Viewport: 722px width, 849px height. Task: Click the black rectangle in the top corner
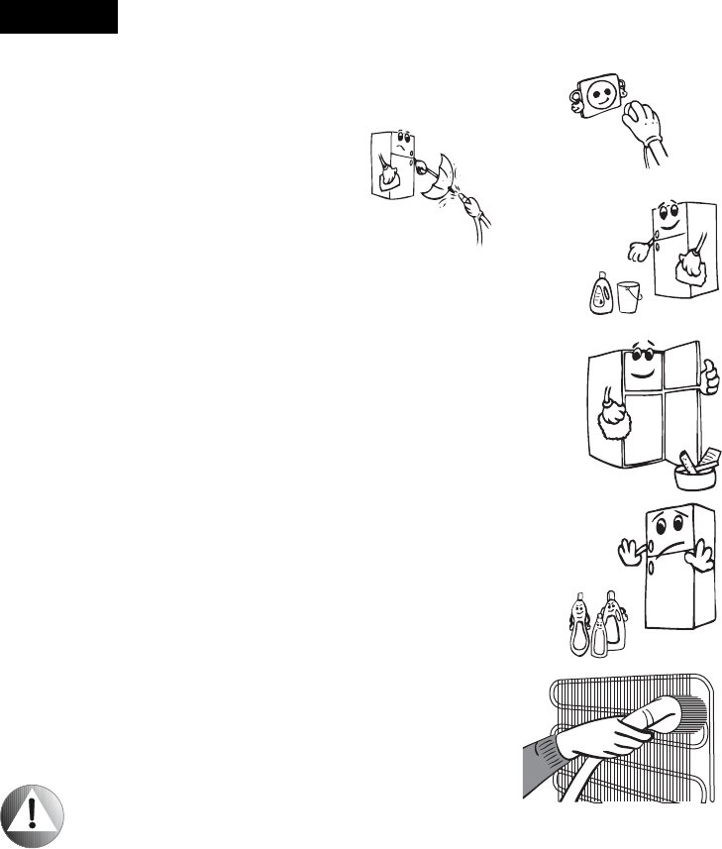pos(58,17)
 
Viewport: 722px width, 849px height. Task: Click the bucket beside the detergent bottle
pos(627,297)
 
